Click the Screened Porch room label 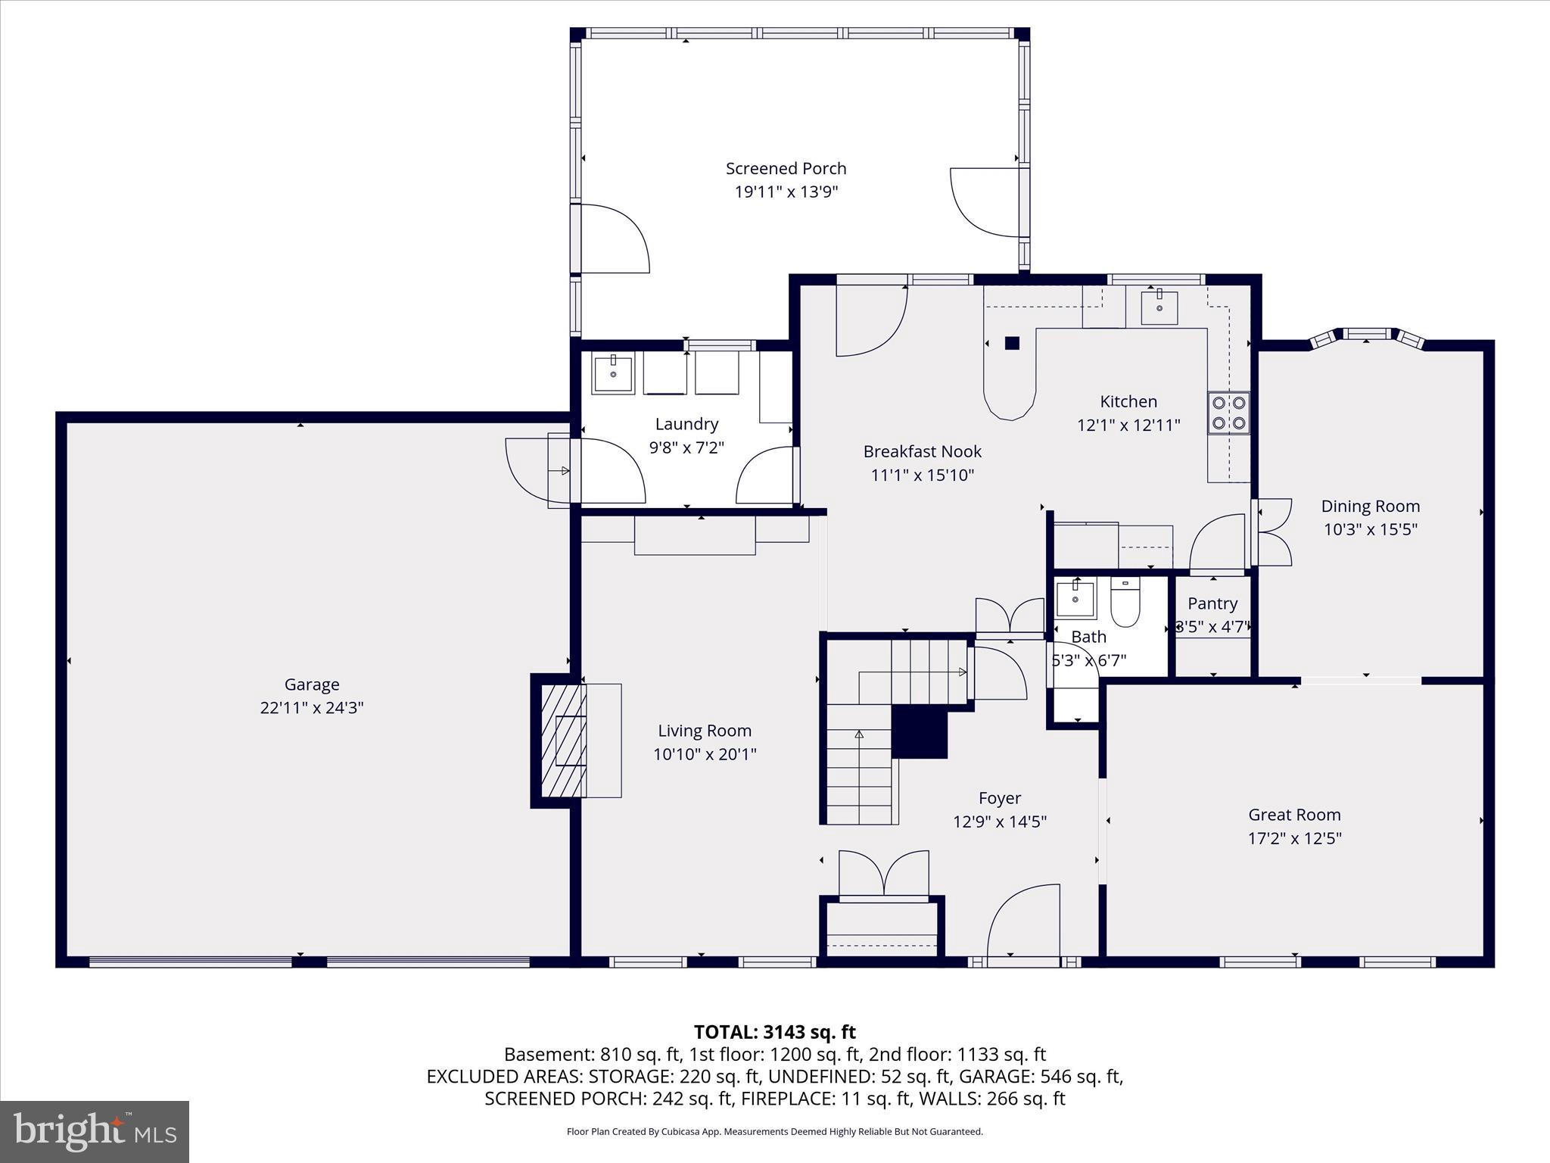click(786, 168)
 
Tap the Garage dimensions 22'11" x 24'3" click(312, 708)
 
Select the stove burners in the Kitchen click(1228, 413)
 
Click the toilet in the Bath click(1125, 603)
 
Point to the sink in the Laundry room click(612, 373)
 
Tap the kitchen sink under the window click(1159, 307)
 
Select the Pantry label click(1212, 603)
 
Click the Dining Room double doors click(1274, 532)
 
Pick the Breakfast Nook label click(922, 451)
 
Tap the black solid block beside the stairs click(920, 731)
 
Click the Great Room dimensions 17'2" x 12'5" click(1294, 838)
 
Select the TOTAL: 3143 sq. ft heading click(774, 1032)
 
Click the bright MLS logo click(95, 1131)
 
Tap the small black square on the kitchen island click(1012, 343)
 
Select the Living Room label click(704, 731)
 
